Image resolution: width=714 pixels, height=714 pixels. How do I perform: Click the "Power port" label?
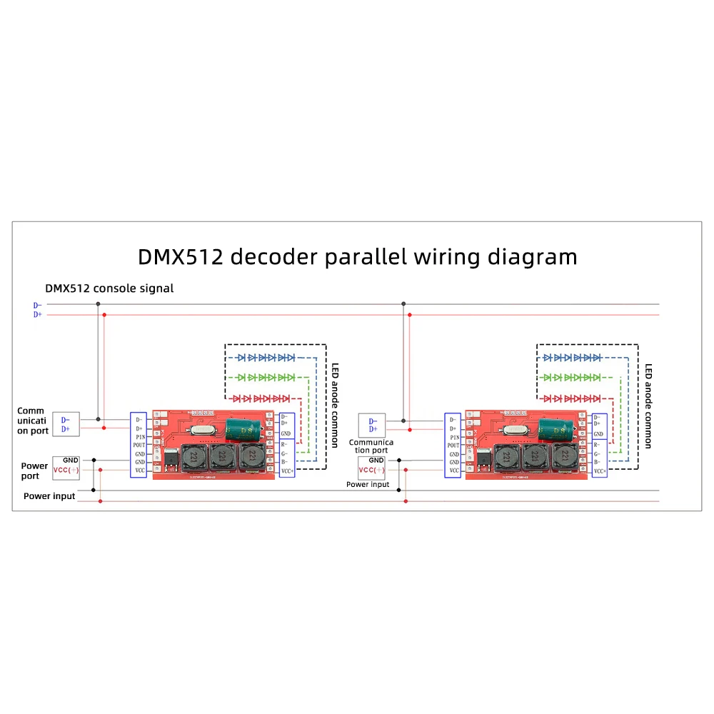coord(34,471)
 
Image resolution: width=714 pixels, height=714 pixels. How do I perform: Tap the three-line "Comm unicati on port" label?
coord(31,421)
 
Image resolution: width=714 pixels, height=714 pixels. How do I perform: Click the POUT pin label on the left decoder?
coord(140,444)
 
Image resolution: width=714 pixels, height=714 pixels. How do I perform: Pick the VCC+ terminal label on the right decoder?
coord(600,471)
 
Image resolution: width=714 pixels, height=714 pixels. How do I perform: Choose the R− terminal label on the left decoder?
coord(286,444)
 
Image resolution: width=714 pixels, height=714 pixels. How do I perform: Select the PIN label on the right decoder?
coord(453,436)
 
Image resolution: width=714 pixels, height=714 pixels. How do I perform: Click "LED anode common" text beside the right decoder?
coord(648,406)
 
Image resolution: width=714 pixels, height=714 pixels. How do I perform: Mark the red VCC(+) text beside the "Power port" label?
coord(66,471)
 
